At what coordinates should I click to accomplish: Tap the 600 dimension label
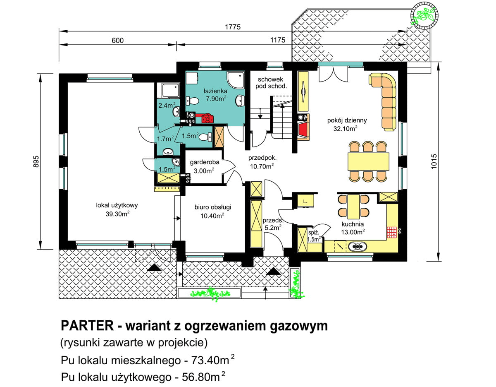coord(118,40)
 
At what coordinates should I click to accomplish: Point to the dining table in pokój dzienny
coord(368,161)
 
